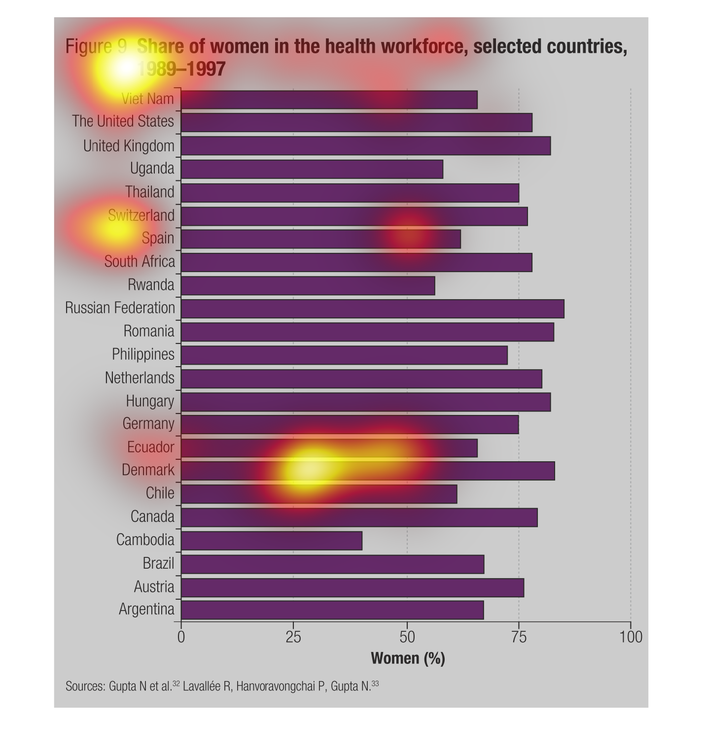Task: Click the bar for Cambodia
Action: pyautogui.click(x=272, y=541)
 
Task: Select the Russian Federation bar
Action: pyautogui.click(x=373, y=308)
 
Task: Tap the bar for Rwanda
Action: pyautogui.click(x=308, y=285)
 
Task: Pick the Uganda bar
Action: pyautogui.click(x=312, y=169)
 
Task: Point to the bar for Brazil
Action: pyautogui.click(x=333, y=564)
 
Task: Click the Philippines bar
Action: pyautogui.click(x=344, y=355)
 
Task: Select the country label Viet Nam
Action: pyautogui.click(x=148, y=99)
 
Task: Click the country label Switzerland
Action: pyautogui.click(x=141, y=215)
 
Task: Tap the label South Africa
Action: pyautogui.click(x=140, y=261)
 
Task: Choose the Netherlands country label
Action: pyautogui.click(x=140, y=378)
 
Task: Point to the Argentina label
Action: pyautogui.click(x=146, y=610)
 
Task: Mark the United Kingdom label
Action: pyautogui.click(x=129, y=146)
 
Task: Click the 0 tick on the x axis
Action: pyautogui.click(x=181, y=637)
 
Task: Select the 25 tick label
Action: pyautogui.click(x=293, y=637)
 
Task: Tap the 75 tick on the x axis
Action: pyautogui.click(x=519, y=637)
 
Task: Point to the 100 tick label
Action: pyautogui.click(x=631, y=637)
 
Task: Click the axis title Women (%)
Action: pyautogui.click(x=408, y=658)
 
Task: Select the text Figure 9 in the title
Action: pyautogui.click(x=97, y=46)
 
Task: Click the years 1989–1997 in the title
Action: pyautogui.click(x=181, y=69)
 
